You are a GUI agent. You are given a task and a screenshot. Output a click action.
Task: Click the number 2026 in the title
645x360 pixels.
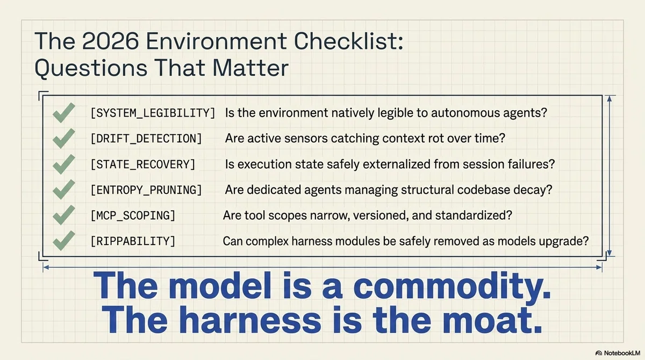(x=110, y=41)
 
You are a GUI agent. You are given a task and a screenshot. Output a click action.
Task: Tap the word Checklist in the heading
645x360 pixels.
(x=348, y=41)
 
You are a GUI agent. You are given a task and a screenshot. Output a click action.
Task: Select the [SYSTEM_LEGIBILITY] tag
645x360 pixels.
(x=153, y=113)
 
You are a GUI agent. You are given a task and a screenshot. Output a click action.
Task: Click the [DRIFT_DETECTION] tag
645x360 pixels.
(x=146, y=139)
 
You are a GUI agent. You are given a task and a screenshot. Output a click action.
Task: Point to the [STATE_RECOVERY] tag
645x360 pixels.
(x=143, y=164)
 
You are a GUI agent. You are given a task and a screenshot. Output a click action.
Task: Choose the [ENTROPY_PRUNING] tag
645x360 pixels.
(x=146, y=190)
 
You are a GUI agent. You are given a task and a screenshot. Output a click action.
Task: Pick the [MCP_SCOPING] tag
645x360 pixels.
(x=133, y=215)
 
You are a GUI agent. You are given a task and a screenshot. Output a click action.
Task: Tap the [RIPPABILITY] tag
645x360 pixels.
(x=133, y=241)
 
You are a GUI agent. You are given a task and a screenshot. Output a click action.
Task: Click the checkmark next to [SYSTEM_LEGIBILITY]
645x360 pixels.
(x=64, y=112)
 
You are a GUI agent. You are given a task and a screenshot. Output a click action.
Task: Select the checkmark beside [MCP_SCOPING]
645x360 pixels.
(x=64, y=215)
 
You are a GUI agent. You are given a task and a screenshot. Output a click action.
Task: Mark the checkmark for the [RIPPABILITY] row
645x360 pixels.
(x=64, y=241)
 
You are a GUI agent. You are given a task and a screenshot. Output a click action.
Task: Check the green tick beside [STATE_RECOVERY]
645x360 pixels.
(x=64, y=164)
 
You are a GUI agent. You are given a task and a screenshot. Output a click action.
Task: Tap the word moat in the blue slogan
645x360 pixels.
(x=492, y=320)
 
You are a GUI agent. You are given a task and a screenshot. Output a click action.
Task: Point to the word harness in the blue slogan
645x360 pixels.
(x=252, y=320)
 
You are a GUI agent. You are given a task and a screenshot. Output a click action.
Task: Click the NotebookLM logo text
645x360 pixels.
(x=622, y=353)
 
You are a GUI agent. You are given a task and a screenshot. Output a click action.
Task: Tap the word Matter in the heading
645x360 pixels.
(x=250, y=68)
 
